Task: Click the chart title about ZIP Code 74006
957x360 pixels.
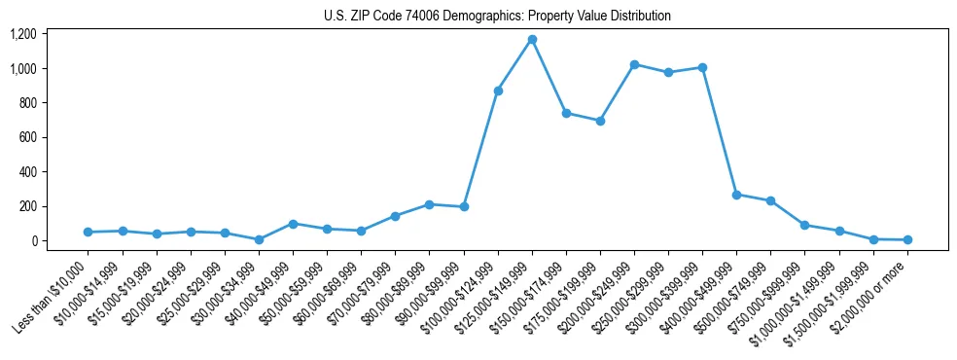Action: point(497,17)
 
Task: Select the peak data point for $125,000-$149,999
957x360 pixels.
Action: point(532,40)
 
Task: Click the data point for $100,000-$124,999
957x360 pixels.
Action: point(498,90)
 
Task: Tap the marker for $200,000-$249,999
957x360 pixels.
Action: point(634,64)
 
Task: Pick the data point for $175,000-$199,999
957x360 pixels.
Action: point(600,121)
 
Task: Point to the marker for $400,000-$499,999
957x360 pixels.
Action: point(736,195)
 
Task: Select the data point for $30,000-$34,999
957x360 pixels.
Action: point(259,239)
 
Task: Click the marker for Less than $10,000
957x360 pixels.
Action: point(89,232)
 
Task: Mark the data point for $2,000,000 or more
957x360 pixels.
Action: point(907,239)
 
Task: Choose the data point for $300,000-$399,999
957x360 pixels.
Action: point(702,67)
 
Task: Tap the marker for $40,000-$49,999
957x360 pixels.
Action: point(293,224)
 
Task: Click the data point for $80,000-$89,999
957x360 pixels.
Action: point(430,204)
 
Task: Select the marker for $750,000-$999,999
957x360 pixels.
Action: point(804,225)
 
